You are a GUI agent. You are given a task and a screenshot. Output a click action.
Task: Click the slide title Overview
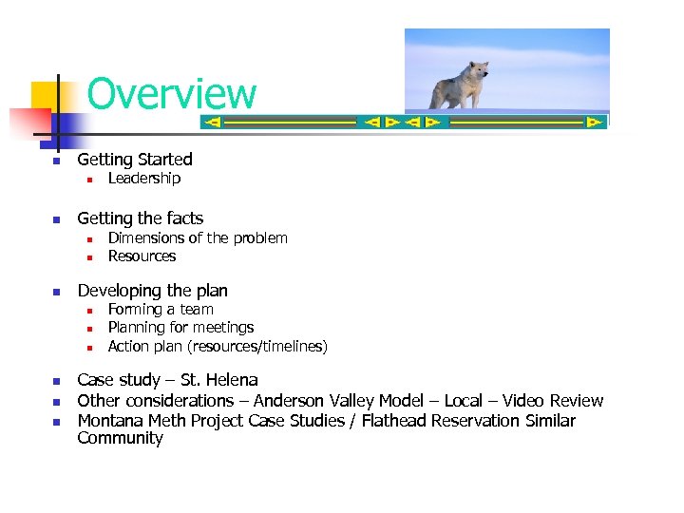point(171,94)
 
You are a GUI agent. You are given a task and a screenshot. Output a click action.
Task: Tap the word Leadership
point(143,179)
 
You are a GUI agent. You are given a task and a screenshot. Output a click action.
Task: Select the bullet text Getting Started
point(134,160)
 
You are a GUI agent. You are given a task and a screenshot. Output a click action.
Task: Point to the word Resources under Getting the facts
point(142,256)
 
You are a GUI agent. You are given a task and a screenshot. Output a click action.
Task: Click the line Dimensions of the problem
point(197,238)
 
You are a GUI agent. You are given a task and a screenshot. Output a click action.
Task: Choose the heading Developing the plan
point(152,291)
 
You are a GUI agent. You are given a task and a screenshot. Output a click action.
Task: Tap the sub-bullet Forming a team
point(160,310)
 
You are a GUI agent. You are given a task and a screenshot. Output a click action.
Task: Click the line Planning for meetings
point(180,328)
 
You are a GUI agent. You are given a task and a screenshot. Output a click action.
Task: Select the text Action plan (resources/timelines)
point(217,347)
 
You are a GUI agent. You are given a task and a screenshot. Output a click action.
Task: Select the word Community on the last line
point(120,439)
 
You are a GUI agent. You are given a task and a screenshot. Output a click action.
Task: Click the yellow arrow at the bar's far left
point(213,123)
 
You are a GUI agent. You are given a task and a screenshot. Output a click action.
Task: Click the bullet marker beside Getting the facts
point(56,219)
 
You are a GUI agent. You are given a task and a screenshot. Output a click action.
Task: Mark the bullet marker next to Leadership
point(87,180)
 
